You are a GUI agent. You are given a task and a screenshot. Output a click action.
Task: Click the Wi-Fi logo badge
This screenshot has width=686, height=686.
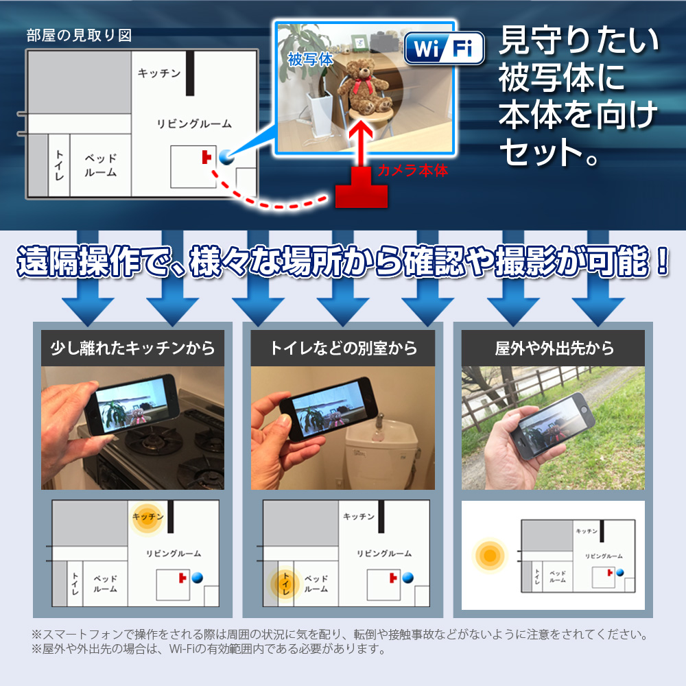(445, 48)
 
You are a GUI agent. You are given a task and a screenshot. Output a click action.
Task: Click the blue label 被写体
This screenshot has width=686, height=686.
(310, 59)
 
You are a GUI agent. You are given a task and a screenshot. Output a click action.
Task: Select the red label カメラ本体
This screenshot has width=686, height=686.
(412, 170)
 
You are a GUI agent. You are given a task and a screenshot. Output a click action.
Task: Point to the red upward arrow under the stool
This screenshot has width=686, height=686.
(361, 141)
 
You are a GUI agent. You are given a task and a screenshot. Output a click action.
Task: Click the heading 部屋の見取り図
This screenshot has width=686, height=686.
(79, 36)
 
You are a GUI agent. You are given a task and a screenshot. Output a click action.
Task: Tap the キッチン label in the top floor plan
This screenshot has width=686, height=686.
(159, 73)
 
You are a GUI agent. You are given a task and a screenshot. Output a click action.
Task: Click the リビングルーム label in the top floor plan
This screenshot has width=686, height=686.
(194, 123)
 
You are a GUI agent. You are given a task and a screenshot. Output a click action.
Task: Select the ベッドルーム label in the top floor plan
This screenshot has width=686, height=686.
(101, 165)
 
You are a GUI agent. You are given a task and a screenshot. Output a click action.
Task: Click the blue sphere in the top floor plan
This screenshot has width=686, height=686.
(226, 157)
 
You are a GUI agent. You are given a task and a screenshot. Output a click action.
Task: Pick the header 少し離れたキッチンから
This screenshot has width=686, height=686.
(132, 348)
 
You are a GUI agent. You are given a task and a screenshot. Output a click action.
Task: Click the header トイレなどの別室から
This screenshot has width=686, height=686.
(343, 348)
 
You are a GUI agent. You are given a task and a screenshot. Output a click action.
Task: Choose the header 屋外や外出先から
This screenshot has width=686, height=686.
(554, 348)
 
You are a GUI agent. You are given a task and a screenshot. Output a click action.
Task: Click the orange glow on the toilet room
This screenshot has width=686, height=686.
(285, 584)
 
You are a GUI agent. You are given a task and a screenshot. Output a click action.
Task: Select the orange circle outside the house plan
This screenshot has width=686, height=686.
(490, 556)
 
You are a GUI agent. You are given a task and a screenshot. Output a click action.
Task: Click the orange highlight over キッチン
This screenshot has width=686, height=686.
(147, 517)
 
